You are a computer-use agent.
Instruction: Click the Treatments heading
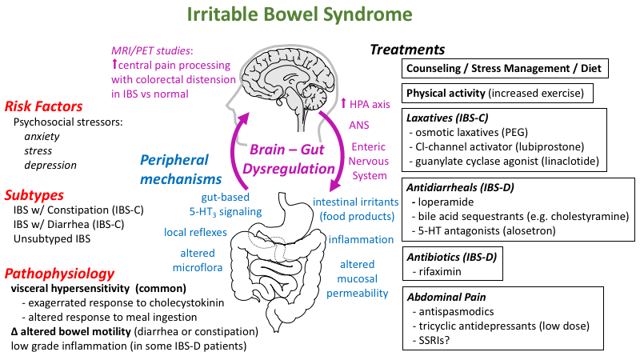(x=407, y=50)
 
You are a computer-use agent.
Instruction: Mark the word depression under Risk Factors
(x=50, y=165)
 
